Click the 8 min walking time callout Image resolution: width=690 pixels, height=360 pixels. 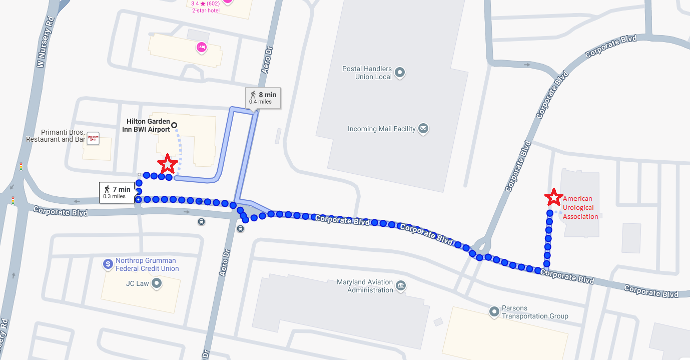tap(262, 98)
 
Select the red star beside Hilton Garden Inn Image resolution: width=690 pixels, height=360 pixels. tap(167, 164)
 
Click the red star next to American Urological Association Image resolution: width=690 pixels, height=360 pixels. tap(553, 197)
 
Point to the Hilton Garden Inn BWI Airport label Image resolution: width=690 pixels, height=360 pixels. tap(148, 125)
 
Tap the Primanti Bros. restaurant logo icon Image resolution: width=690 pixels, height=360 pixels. tap(93, 138)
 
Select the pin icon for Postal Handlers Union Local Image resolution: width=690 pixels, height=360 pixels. tap(400, 73)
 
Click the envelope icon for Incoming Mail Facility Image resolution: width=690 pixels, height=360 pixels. tap(423, 129)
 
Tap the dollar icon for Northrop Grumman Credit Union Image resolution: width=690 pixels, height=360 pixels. tap(108, 264)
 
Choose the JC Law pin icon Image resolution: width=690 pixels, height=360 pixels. tap(157, 284)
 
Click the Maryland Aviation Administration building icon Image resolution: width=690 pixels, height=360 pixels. tap(400, 286)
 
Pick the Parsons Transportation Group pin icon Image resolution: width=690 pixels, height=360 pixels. tap(494, 312)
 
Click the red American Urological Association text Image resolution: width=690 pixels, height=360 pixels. tap(580, 208)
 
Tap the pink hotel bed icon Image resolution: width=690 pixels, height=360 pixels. tap(202, 48)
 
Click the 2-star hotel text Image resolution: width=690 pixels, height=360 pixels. tap(206, 11)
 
